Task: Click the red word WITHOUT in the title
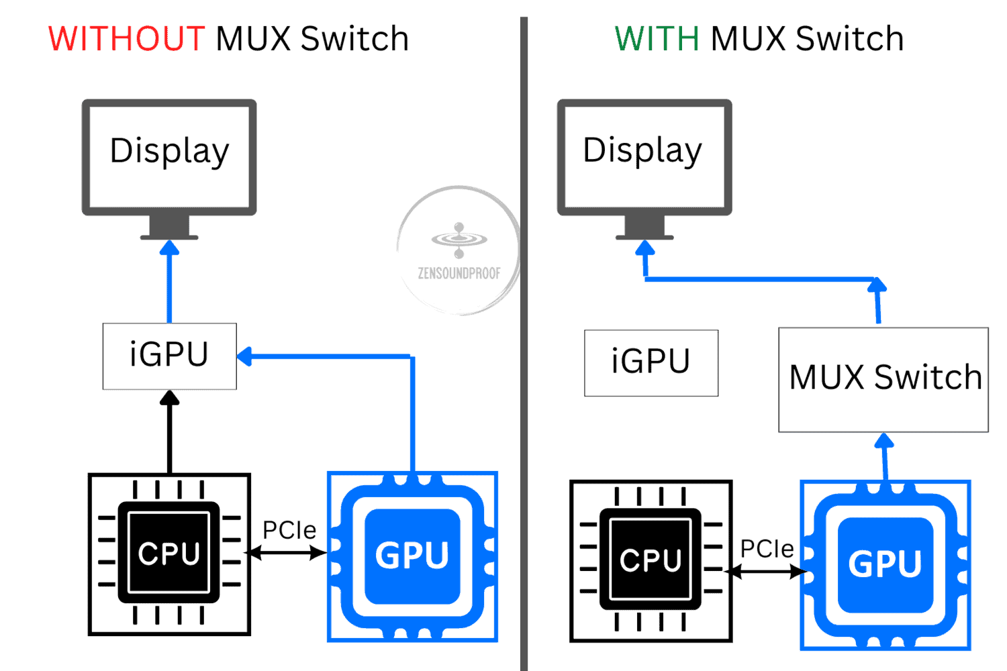(127, 39)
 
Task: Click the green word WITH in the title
(657, 39)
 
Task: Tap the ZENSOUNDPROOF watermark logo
(459, 250)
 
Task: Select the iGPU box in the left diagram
(169, 356)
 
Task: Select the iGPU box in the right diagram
(651, 363)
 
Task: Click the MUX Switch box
(883, 380)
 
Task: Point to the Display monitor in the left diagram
(169, 170)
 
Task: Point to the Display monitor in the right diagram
(644, 170)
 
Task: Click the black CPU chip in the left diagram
(169, 554)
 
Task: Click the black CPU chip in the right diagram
(651, 561)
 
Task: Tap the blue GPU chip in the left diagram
(412, 556)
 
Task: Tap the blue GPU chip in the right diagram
(885, 565)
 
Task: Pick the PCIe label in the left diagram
(289, 530)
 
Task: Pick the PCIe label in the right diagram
(767, 549)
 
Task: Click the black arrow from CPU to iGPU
(169, 431)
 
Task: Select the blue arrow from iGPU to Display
(169, 281)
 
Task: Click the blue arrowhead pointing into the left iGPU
(244, 356)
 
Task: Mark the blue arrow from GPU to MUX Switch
(884, 457)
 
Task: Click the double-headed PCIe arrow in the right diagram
(767, 572)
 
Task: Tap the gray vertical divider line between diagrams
(524, 344)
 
